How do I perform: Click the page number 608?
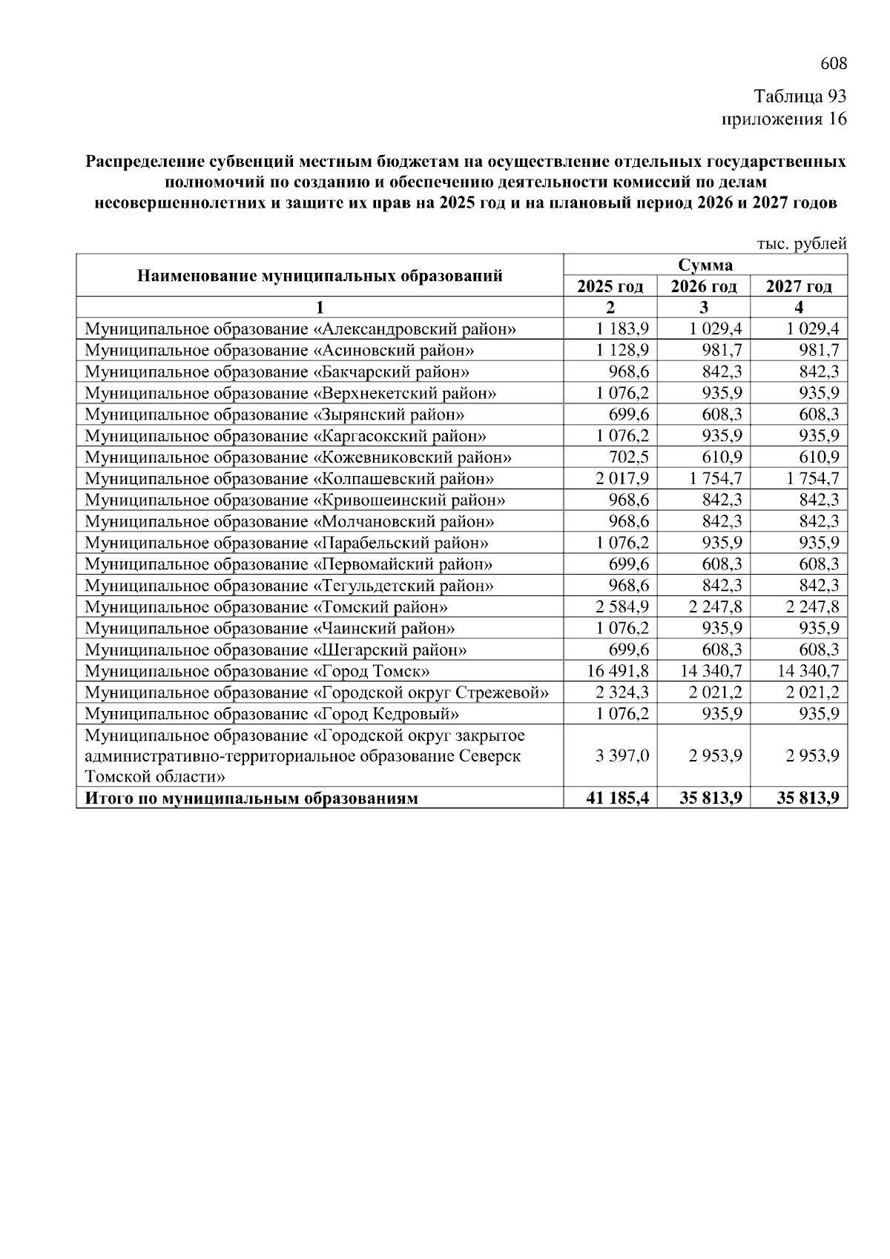(x=833, y=64)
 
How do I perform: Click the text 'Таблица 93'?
(x=800, y=96)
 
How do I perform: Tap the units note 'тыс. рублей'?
(x=801, y=244)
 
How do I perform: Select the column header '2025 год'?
(x=610, y=286)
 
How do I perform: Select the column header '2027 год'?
(x=798, y=286)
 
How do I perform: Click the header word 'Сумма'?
(x=705, y=265)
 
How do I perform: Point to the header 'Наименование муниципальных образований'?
(x=320, y=276)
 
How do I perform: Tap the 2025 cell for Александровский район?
(x=622, y=328)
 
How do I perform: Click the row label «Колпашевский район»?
(x=289, y=479)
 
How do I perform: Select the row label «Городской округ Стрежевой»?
(x=317, y=693)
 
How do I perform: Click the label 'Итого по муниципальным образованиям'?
(x=251, y=799)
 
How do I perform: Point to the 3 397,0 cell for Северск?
(x=622, y=756)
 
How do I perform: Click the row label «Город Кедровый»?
(x=271, y=715)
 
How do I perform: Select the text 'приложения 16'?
(x=784, y=119)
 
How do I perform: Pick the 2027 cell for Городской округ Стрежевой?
(x=811, y=693)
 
